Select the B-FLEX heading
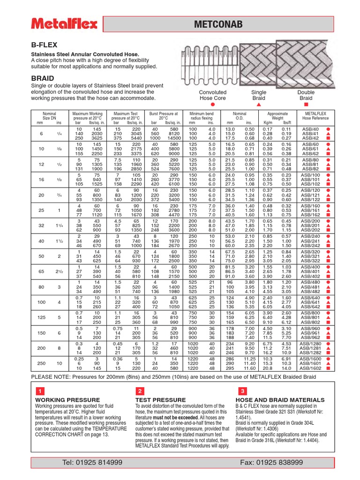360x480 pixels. point(44,45)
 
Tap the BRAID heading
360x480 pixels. point(42,78)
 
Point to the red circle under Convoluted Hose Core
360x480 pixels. point(212,105)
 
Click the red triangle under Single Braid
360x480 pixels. point(259,105)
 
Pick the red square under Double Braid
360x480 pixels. point(306,105)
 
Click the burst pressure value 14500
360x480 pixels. point(173,138)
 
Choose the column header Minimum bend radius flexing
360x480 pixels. point(201,116)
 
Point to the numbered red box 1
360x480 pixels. point(41,390)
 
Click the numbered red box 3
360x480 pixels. point(242,390)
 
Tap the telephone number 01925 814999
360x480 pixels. point(92,463)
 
